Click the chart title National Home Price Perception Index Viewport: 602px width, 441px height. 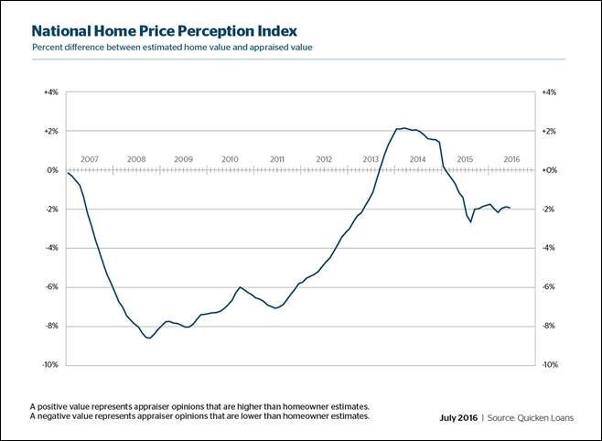point(165,31)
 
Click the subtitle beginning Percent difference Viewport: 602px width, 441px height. point(172,48)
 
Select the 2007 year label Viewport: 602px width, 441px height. point(90,159)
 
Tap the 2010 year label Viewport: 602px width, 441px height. point(230,159)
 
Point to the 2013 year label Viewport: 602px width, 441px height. point(371,159)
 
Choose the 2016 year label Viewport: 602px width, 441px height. point(511,159)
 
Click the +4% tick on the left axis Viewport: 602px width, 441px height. point(51,92)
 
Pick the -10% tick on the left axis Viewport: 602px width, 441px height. point(50,365)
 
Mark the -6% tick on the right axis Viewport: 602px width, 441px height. point(549,286)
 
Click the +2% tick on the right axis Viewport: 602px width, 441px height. point(549,131)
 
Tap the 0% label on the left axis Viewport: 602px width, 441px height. point(52,170)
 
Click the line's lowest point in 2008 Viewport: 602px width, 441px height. point(149,339)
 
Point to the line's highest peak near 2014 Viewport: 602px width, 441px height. point(403,128)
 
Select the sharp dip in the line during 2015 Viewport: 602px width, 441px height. point(470,221)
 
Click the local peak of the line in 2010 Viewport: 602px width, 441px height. point(240,287)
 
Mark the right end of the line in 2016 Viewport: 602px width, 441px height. point(510,208)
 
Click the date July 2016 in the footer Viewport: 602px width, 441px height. point(458,418)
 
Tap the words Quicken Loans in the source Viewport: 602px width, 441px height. point(545,418)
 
